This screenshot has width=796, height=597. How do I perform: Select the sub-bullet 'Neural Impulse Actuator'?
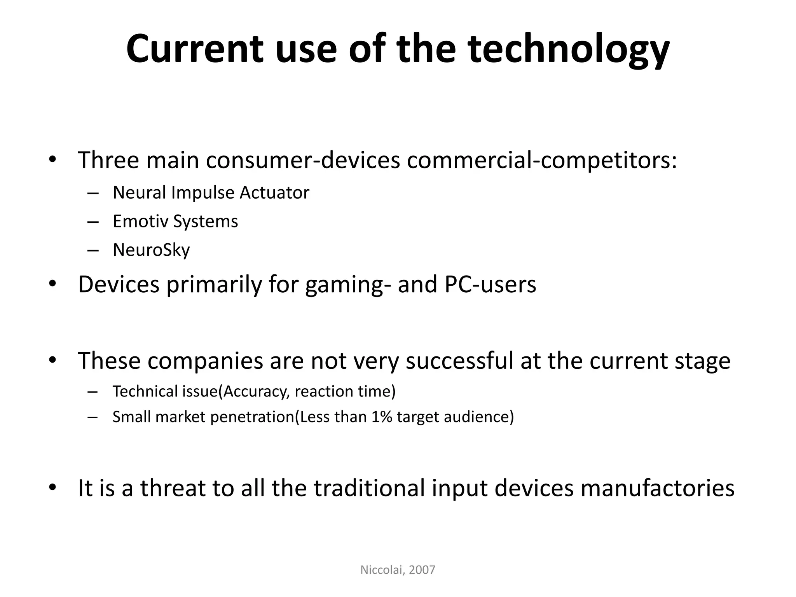(211, 192)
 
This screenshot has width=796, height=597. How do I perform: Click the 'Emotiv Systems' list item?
(175, 221)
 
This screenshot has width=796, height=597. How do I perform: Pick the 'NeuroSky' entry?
(151, 250)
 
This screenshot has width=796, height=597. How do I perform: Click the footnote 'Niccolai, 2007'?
(398, 570)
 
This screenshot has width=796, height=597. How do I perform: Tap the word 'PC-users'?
(490, 284)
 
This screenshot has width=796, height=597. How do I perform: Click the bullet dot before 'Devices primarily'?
(52, 284)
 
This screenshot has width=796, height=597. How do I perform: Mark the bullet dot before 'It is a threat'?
(52, 488)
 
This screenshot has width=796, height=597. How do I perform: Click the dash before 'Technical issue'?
(93, 392)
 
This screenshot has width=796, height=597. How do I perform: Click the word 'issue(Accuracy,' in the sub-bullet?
(236, 391)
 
